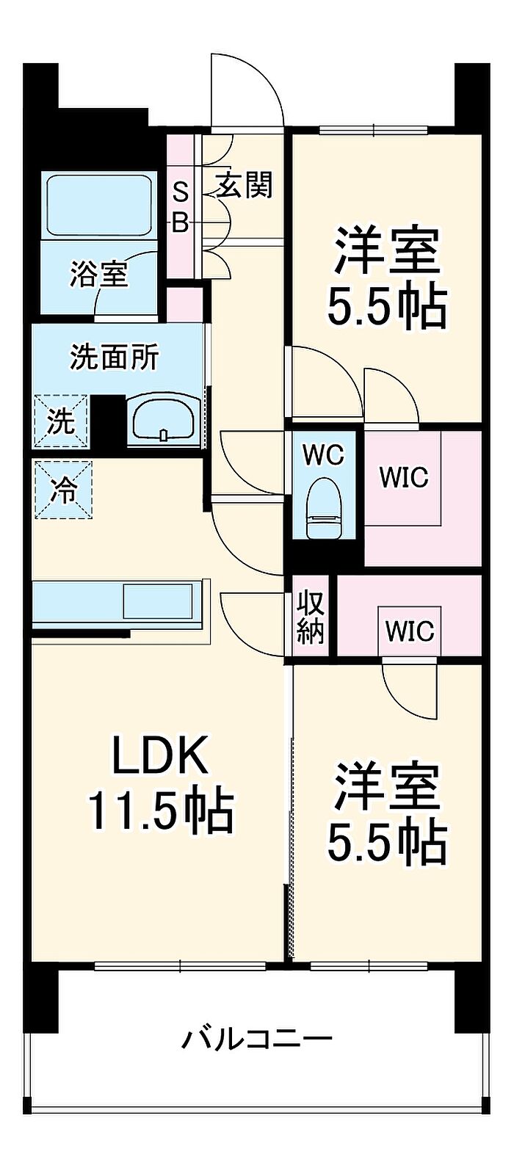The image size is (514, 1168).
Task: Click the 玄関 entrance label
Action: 245,186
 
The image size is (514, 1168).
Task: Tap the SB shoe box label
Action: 181,207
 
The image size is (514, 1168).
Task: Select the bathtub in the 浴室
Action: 99,205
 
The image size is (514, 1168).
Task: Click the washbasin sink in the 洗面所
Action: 164,421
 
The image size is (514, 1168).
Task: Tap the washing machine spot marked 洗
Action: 60,421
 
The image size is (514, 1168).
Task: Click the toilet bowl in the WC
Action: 323,507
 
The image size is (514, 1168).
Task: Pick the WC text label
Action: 324,455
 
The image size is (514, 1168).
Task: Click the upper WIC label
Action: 403,477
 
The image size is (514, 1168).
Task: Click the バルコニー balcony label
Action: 257,1039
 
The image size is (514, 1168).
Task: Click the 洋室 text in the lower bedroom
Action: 387,786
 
